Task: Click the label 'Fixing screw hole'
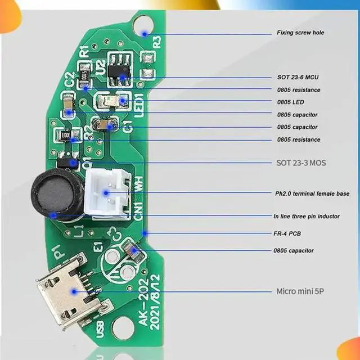tap(300, 33)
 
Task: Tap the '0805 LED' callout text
tap(290, 102)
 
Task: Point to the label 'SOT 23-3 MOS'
tap(301, 163)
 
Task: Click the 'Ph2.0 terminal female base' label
tap(312, 193)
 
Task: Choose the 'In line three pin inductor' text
tap(307, 217)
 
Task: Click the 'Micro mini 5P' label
tap(300, 291)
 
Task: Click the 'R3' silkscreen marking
tap(157, 41)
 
